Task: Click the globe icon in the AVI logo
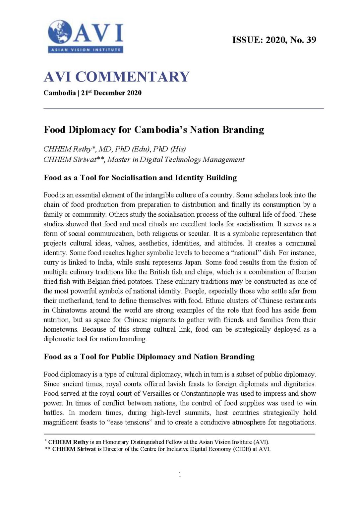tap(60, 32)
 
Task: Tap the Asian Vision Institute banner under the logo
tap(86, 50)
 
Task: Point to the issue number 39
tap(311, 40)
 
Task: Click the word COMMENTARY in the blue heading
tap(132, 77)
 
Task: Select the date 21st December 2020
tap(111, 93)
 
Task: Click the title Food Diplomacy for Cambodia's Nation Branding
tap(154, 130)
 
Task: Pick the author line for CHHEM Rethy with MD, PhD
tap(114, 149)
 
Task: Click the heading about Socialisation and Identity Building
tap(140, 178)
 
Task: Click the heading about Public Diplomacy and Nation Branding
tap(149, 357)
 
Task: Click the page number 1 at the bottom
tap(180, 475)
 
